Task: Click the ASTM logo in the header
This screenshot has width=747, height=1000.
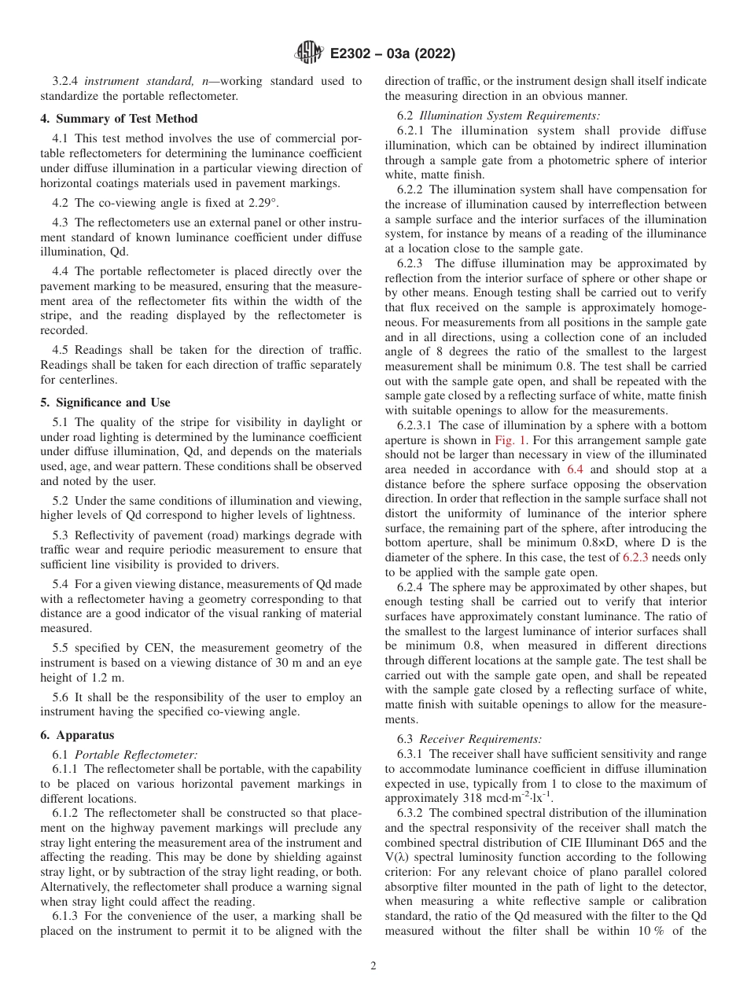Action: (x=309, y=53)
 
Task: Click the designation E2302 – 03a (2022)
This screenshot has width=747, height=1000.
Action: (x=392, y=53)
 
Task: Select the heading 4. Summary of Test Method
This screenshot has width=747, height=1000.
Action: (x=119, y=119)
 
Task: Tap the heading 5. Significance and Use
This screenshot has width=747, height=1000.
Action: (x=105, y=403)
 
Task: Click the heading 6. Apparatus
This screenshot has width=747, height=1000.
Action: (x=77, y=735)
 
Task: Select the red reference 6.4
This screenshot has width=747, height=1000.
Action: (x=575, y=469)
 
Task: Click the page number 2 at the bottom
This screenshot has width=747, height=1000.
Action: (x=373, y=966)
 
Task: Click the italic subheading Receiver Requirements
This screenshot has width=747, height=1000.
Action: (x=480, y=739)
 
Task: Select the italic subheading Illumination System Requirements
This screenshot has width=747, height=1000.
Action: (x=510, y=116)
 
